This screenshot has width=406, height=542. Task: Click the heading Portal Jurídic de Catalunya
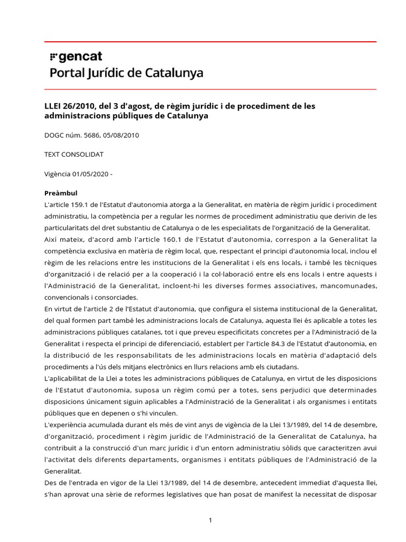pyautogui.click(x=126, y=73)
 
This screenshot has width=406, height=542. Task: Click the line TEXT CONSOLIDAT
pyautogui.click(x=74, y=154)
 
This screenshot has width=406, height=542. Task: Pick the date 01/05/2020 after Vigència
pyautogui.click(x=91, y=174)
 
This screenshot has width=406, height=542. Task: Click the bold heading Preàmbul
pyautogui.click(x=61, y=193)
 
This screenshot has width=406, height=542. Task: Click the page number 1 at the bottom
pyautogui.click(x=210, y=520)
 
